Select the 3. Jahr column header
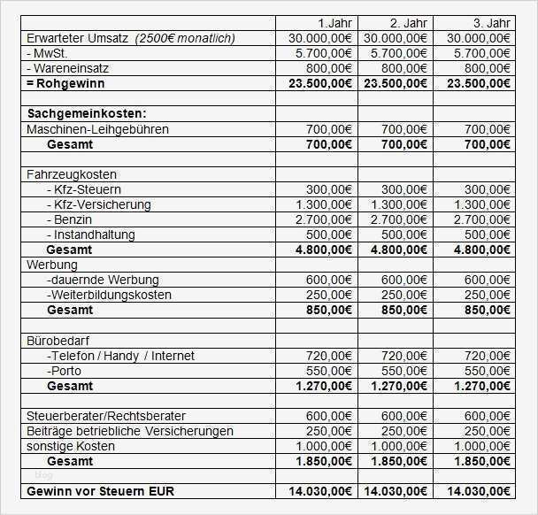490,22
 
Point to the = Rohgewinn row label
67,83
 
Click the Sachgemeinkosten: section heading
87,114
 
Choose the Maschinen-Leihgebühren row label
97,129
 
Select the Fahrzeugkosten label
72,174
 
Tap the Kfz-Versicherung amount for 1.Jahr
319,204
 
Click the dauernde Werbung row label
96,280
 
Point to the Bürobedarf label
58,340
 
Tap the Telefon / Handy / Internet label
120,356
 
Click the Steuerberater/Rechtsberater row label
106,416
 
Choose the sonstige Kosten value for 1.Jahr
319,446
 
